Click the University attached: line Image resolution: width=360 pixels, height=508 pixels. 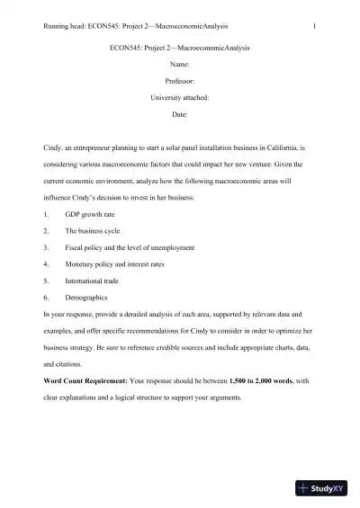click(179, 98)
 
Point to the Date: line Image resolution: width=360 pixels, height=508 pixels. click(179, 115)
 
